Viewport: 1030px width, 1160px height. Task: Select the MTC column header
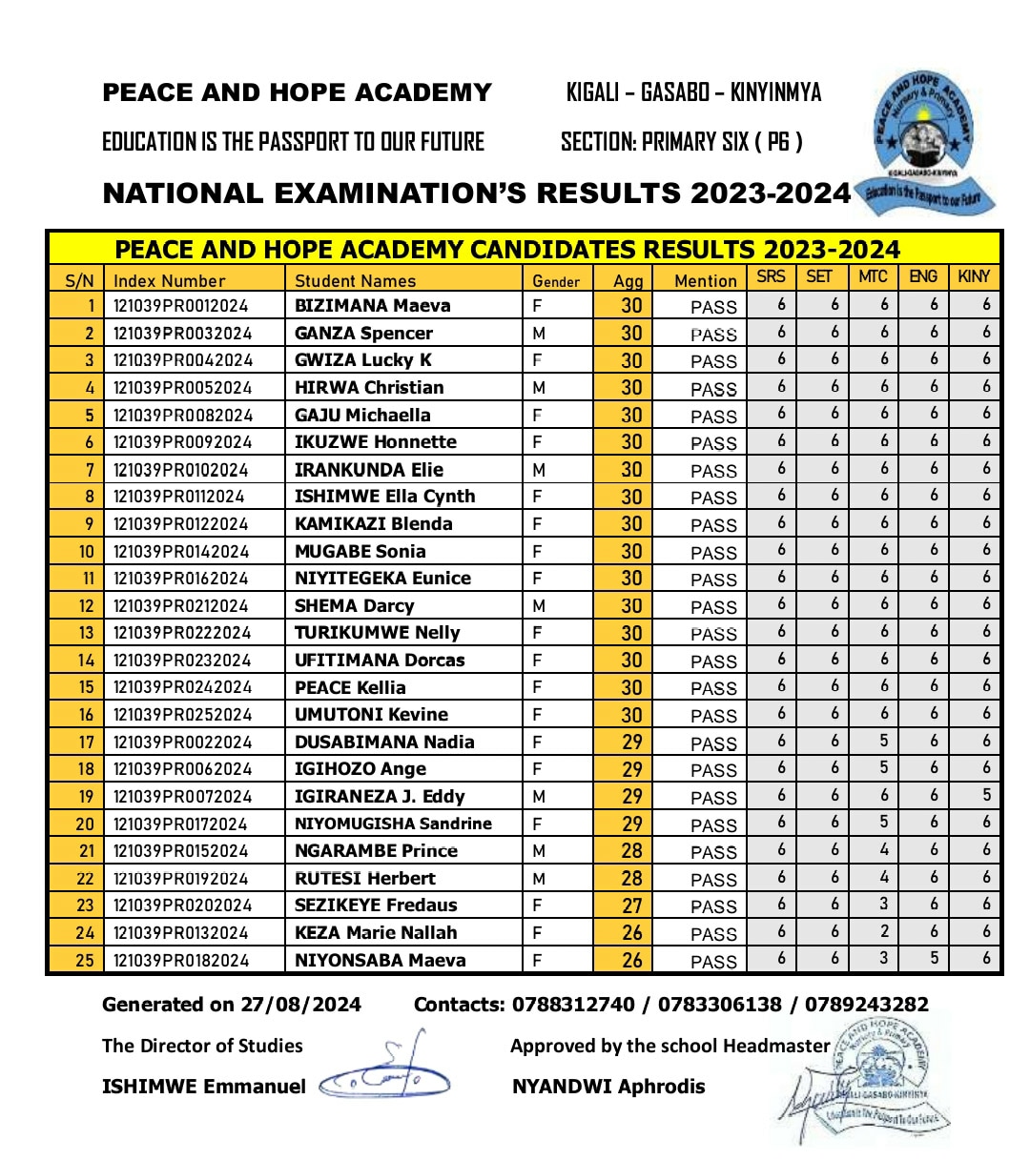click(873, 276)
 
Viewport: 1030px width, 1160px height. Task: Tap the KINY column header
click(974, 276)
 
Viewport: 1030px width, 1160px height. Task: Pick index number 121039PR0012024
click(182, 306)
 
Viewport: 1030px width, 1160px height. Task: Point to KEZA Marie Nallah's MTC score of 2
click(884, 931)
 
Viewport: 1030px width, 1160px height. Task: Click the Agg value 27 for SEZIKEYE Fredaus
click(631, 906)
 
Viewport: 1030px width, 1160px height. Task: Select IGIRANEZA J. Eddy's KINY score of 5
click(986, 795)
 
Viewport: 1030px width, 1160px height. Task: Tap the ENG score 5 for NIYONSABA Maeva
click(934, 958)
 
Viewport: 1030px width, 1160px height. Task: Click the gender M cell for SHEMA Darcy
click(539, 606)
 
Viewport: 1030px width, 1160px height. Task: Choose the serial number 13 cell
click(86, 633)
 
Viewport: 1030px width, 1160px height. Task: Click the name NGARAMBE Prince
click(376, 851)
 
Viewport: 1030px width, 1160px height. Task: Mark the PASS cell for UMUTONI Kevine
click(713, 716)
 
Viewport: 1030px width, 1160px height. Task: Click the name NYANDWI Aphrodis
click(608, 1087)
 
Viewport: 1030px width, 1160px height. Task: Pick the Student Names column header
click(355, 281)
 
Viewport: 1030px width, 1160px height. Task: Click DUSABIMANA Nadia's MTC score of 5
click(884, 740)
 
